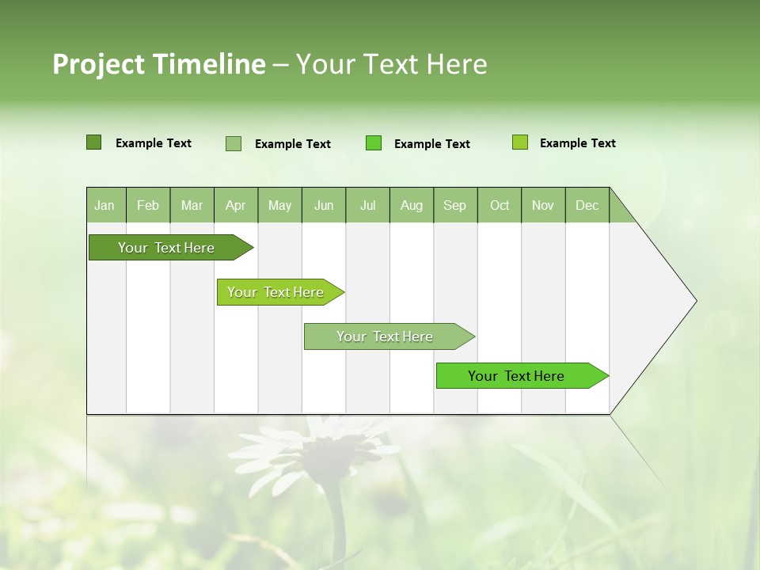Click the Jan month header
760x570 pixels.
click(105, 205)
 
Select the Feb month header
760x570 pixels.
click(148, 205)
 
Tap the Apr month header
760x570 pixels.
click(235, 205)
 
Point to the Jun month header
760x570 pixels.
click(323, 205)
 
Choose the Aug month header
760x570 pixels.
click(411, 205)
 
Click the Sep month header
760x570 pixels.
click(454, 205)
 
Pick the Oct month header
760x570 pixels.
click(499, 205)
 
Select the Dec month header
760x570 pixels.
click(587, 205)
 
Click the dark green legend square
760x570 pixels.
click(93, 142)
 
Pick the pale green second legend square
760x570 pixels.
click(234, 143)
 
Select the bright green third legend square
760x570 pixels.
click(374, 143)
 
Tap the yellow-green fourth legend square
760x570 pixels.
click(520, 142)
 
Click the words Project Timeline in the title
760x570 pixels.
click(158, 64)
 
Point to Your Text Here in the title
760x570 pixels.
click(391, 64)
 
